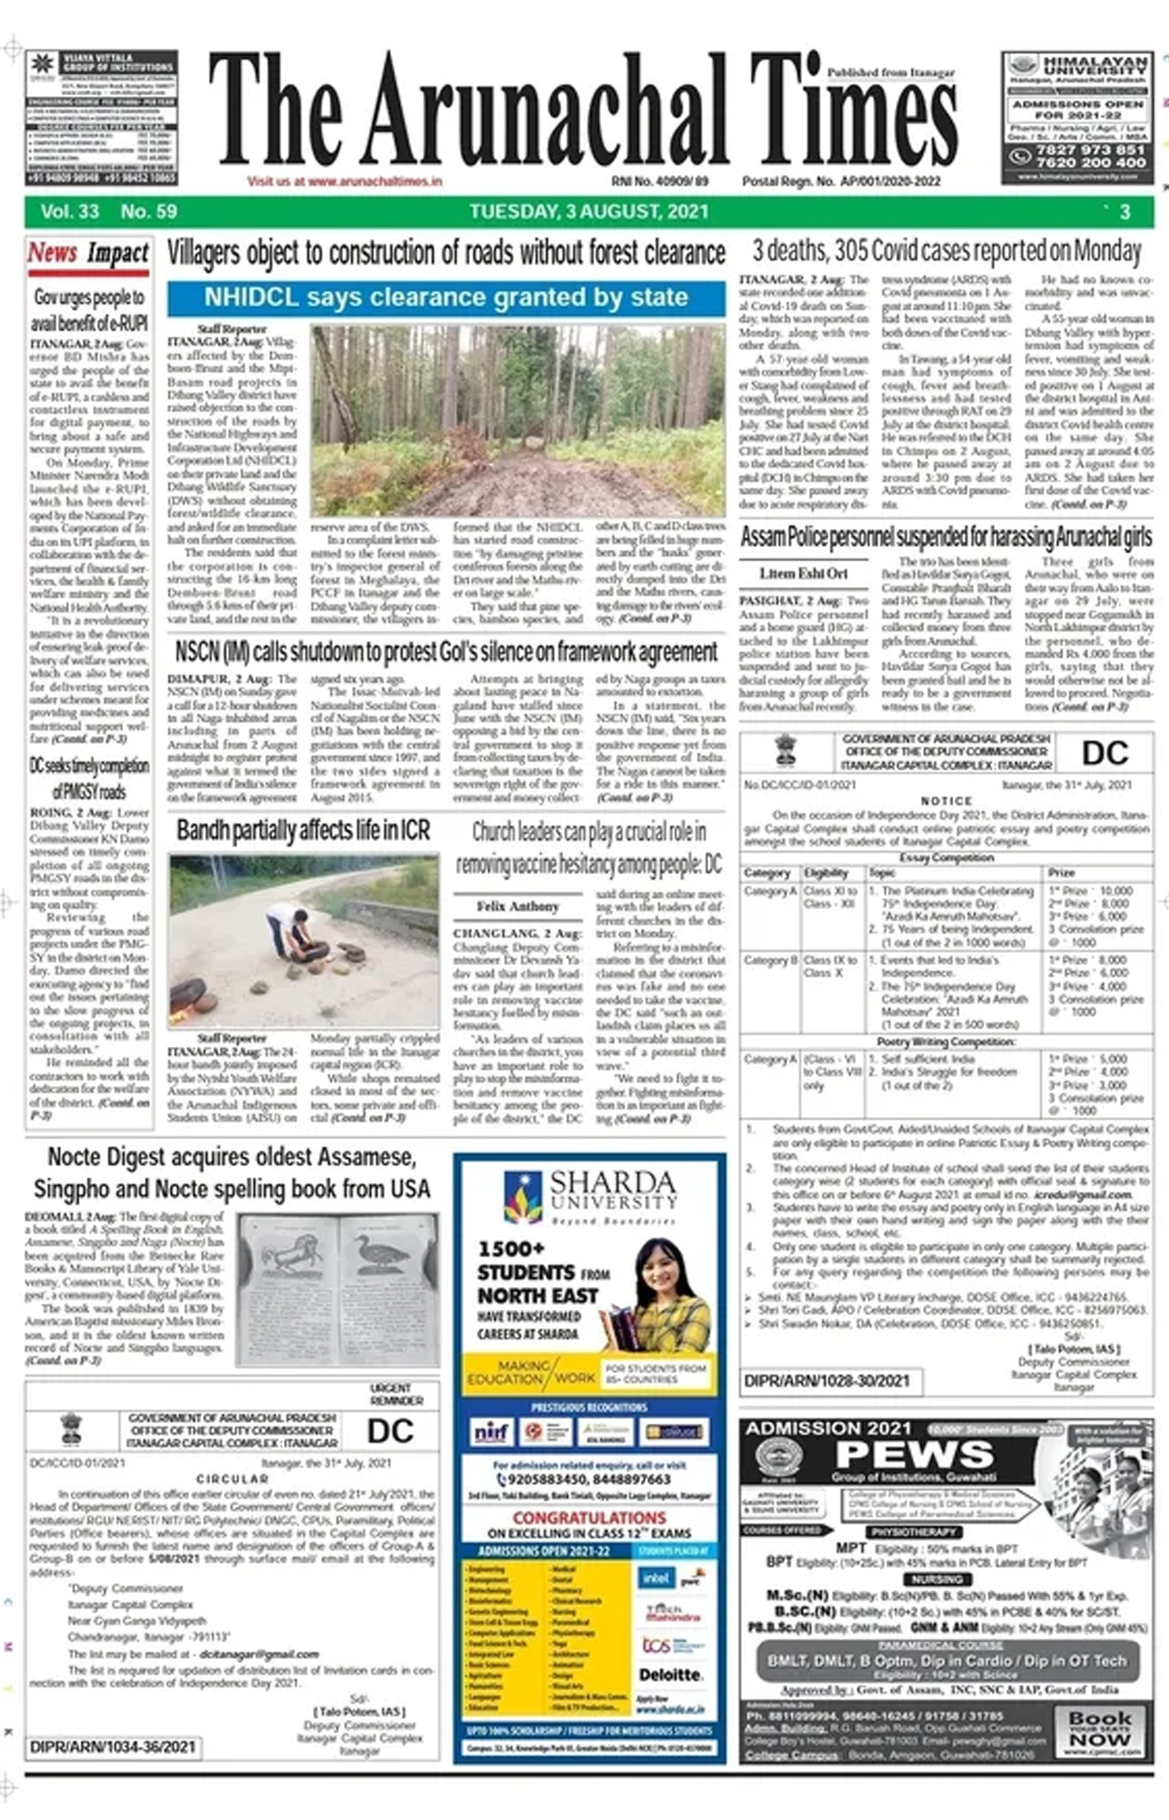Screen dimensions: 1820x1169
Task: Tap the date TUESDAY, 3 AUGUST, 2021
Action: pyautogui.click(x=588, y=212)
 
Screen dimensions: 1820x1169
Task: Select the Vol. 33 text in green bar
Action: pyautogui.click(x=70, y=212)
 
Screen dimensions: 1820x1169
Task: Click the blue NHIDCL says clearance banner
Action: pyautogui.click(x=446, y=298)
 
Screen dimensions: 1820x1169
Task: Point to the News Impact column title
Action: pyautogui.click(x=88, y=253)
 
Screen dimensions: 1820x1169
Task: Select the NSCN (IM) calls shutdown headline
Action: pyautogui.click(x=446, y=652)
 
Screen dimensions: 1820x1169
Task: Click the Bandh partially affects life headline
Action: pyautogui.click(x=303, y=830)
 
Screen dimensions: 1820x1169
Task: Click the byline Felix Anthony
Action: pyautogui.click(x=518, y=906)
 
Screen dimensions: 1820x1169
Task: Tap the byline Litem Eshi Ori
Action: pyautogui.click(x=803, y=574)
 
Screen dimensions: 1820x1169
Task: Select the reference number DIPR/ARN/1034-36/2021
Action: pyautogui.click(x=113, y=1747)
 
